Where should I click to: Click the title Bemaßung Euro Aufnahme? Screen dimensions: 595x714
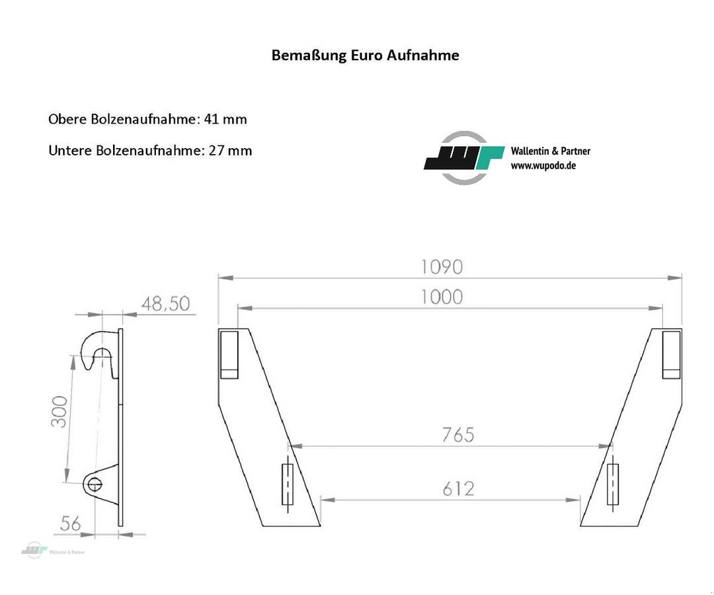(365, 55)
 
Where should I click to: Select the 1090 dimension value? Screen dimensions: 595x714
(442, 266)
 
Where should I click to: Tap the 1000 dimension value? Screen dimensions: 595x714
(442, 297)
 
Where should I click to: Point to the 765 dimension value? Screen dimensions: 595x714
(458, 434)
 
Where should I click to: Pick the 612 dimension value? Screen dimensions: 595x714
(458, 489)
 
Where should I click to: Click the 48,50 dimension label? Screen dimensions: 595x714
(165, 303)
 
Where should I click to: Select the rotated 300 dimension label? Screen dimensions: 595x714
(59, 411)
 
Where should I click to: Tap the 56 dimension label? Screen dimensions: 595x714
(70, 524)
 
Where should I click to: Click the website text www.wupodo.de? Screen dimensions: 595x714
(543, 165)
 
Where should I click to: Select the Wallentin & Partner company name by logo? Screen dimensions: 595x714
(550, 151)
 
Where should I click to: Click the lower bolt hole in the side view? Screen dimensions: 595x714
(94, 485)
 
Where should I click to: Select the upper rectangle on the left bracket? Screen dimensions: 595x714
(229, 354)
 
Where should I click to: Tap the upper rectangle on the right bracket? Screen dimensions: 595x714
(671, 354)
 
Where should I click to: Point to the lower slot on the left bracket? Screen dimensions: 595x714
(287, 485)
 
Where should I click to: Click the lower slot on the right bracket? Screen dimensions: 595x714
(613, 485)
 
